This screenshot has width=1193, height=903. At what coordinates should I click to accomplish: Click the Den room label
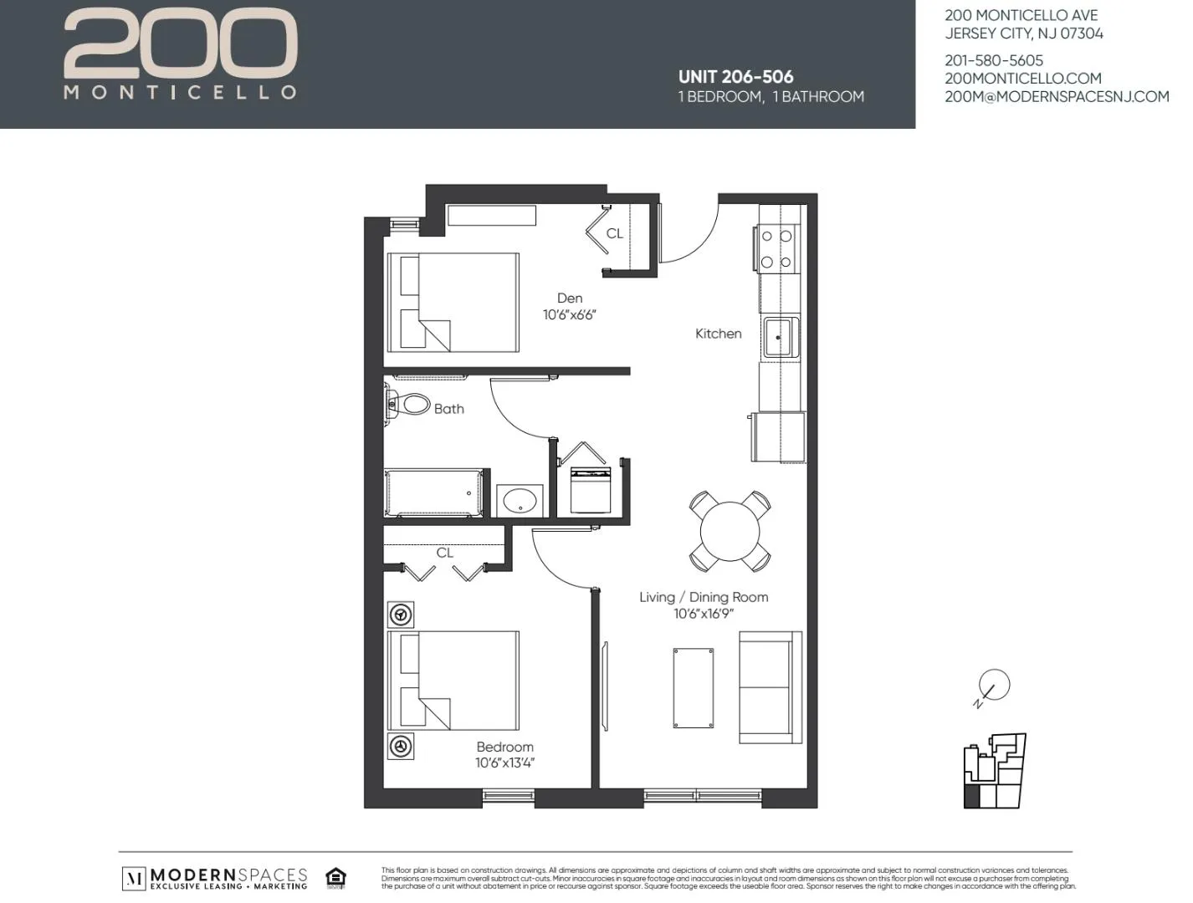[570, 298]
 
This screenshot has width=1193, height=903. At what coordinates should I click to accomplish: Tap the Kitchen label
[718, 334]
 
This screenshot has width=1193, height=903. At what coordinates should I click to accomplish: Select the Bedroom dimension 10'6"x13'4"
[504, 763]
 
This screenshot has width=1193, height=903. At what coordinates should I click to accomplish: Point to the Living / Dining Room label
[703, 597]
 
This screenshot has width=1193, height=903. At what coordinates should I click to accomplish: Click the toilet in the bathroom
[410, 406]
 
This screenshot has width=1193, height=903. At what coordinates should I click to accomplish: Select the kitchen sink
[780, 337]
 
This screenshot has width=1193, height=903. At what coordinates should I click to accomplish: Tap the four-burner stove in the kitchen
[776, 249]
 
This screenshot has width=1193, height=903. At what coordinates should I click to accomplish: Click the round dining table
[730, 531]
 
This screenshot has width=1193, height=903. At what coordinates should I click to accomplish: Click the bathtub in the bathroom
[433, 493]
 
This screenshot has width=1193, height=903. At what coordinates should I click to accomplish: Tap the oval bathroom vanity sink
[520, 502]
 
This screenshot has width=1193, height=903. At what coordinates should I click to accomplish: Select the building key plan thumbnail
[994, 771]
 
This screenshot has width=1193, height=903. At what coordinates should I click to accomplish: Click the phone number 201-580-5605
[994, 60]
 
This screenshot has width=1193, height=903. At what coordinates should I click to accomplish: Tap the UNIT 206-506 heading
[735, 77]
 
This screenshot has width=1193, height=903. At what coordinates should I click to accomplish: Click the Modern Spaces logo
[216, 878]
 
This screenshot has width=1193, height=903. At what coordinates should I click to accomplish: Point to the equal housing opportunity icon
[335, 878]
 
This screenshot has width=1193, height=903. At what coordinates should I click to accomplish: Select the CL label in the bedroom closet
[444, 553]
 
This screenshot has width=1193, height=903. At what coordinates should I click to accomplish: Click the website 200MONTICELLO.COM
[1022, 79]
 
